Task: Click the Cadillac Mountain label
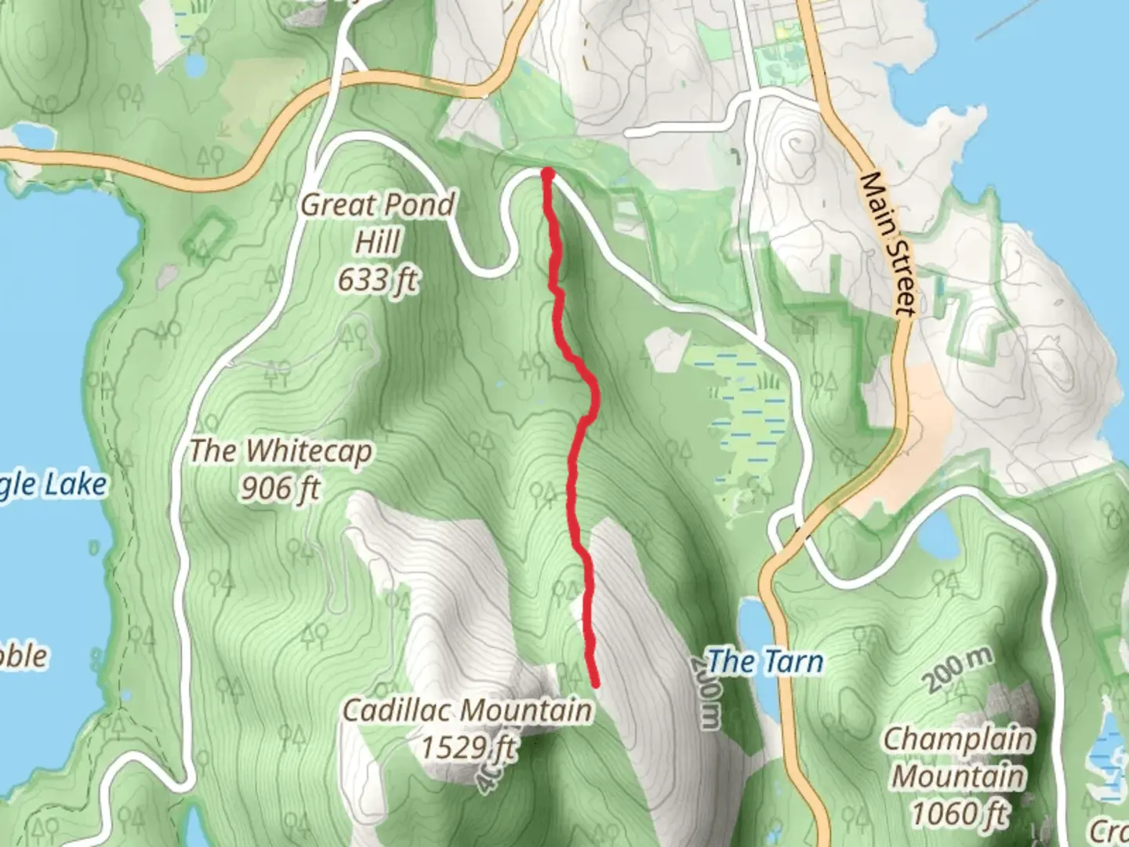467,711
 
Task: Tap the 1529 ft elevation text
469,747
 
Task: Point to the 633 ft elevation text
377,279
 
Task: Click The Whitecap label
281,451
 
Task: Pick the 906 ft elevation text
280,489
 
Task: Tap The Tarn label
765,662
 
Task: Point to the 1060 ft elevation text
958,813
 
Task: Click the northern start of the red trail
547,173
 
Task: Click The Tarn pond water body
753,627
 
